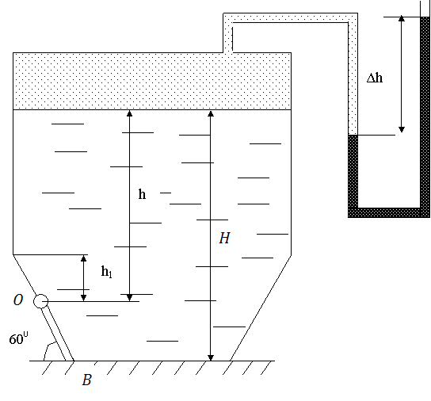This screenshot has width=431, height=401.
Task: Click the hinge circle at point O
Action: tap(40, 301)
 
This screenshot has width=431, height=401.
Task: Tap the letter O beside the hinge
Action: tap(18, 300)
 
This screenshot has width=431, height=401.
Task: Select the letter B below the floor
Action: tap(87, 380)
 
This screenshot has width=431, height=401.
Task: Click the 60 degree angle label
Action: tap(18, 338)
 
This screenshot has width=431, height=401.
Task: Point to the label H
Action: tap(224, 238)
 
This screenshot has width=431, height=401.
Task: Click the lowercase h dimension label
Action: tap(142, 194)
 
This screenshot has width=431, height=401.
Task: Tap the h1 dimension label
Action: tap(107, 272)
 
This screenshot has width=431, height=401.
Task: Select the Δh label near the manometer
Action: tap(375, 78)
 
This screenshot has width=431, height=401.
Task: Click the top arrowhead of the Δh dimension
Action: tap(402, 19)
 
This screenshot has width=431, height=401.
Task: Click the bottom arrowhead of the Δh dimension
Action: tap(402, 129)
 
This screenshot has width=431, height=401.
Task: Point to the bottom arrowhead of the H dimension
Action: tap(211, 357)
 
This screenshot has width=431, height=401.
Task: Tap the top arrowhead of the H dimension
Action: tap(211, 113)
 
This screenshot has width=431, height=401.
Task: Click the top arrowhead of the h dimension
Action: tap(129, 113)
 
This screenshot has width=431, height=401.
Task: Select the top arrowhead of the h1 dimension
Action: tap(84, 258)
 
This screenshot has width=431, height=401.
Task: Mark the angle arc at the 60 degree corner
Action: tap(48, 349)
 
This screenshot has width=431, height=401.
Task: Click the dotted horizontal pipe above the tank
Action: tap(290, 17)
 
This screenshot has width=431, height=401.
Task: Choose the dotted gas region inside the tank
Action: tap(152, 81)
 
